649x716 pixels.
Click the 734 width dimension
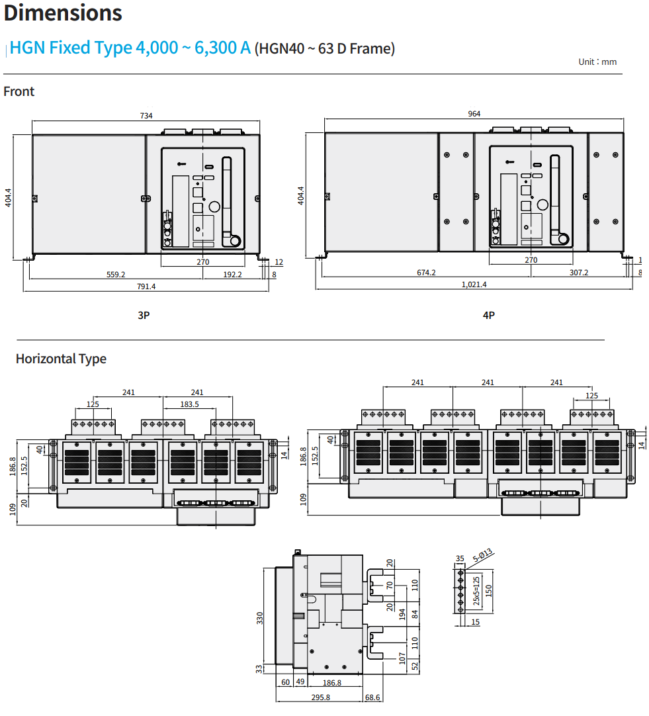tap(146, 116)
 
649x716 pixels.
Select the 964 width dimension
tap(474, 114)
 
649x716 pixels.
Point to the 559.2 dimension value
tap(116, 274)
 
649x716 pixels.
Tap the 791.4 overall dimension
tap(146, 287)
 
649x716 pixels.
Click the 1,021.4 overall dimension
tap(474, 285)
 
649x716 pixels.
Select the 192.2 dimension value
tap(232, 274)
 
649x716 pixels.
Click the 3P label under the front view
tap(144, 316)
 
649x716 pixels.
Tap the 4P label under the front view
tap(489, 316)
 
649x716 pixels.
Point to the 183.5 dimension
tap(189, 404)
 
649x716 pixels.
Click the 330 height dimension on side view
tap(260, 617)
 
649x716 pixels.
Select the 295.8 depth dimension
tap(320, 697)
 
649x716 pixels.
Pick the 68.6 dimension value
tap(373, 697)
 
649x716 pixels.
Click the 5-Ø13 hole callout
tap(483, 554)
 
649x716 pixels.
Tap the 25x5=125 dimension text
tap(476, 590)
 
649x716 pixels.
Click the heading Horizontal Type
tap(61, 359)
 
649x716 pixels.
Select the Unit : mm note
tap(597, 62)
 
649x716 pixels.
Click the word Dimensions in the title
tap(63, 13)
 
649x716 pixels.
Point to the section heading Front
tap(19, 91)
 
